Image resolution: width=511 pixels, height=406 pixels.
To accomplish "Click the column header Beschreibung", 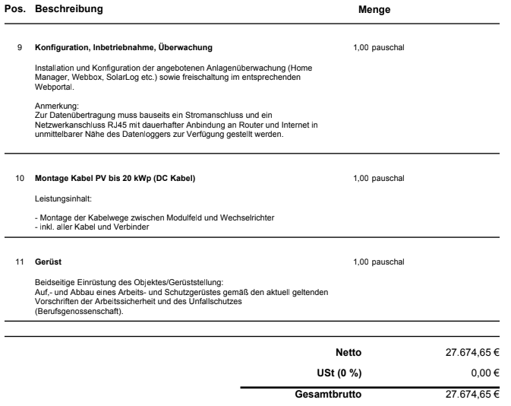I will (69, 11).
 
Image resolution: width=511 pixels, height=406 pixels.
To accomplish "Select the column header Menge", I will (374, 11).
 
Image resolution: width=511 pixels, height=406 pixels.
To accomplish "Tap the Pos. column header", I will (14, 11).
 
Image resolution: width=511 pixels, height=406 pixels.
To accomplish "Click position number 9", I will (19, 47).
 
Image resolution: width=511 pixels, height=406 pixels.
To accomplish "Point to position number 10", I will (19, 179).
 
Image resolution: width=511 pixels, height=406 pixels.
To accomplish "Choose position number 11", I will (19, 262).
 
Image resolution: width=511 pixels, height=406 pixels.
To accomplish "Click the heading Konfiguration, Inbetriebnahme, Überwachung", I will (124, 47).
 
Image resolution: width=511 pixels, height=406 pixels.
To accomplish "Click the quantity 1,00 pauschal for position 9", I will (379, 47).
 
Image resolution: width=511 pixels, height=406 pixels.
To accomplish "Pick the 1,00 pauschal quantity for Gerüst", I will (379, 262).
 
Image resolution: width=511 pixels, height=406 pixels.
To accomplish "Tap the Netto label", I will (349, 353).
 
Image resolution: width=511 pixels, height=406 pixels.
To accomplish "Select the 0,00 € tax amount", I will (485, 373).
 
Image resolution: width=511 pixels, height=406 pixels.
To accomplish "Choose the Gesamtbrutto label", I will (328, 395).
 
